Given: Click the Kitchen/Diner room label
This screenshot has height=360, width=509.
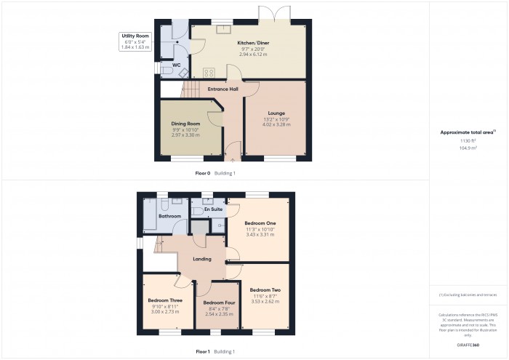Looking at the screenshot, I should pyautogui.click(x=248, y=43).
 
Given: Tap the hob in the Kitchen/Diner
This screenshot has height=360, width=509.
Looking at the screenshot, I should pyautogui.click(x=209, y=71).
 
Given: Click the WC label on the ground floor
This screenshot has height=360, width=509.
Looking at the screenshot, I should pyautogui.click(x=176, y=64).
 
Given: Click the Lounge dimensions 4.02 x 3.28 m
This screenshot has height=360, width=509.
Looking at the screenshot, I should pyautogui.click(x=276, y=125).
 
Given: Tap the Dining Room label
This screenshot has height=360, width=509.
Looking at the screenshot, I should pyautogui.click(x=185, y=124).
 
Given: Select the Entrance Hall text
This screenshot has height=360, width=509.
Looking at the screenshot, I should pyautogui.click(x=223, y=89).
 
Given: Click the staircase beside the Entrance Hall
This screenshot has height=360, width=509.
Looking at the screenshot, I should pyautogui.click(x=190, y=89).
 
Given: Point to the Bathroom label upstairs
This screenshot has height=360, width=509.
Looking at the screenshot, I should pyautogui.click(x=169, y=216).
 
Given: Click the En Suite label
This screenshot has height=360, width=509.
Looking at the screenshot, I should pyautogui.click(x=212, y=209).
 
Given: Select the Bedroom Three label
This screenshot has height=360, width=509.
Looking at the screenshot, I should pyautogui.click(x=165, y=300).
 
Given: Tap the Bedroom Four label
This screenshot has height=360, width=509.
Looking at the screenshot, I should pyautogui.click(x=219, y=303).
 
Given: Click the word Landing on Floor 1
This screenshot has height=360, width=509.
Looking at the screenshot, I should pyautogui.click(x=202, y=259).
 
